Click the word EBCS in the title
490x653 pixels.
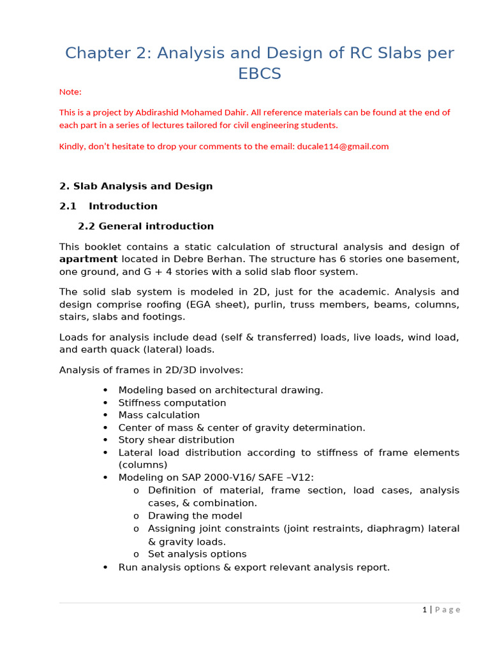[x=259, y=73]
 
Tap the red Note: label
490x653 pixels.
[x=70, y=92]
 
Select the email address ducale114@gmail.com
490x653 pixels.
[x=343, y=146]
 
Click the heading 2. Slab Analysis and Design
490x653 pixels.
[x=136, y=186]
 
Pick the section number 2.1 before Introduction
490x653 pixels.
[x=68, y=206]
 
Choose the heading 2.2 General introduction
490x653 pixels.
[x=145, y=226]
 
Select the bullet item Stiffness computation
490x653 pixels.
[x=172, y=403]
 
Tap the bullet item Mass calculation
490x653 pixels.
[x=159, y=415]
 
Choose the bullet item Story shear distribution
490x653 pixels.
[x=176, y=440]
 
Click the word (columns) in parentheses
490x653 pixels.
[x=143, y=465]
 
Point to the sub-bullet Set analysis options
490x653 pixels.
[x=197, y=554]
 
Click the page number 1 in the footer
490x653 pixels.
[x=424, y=610]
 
